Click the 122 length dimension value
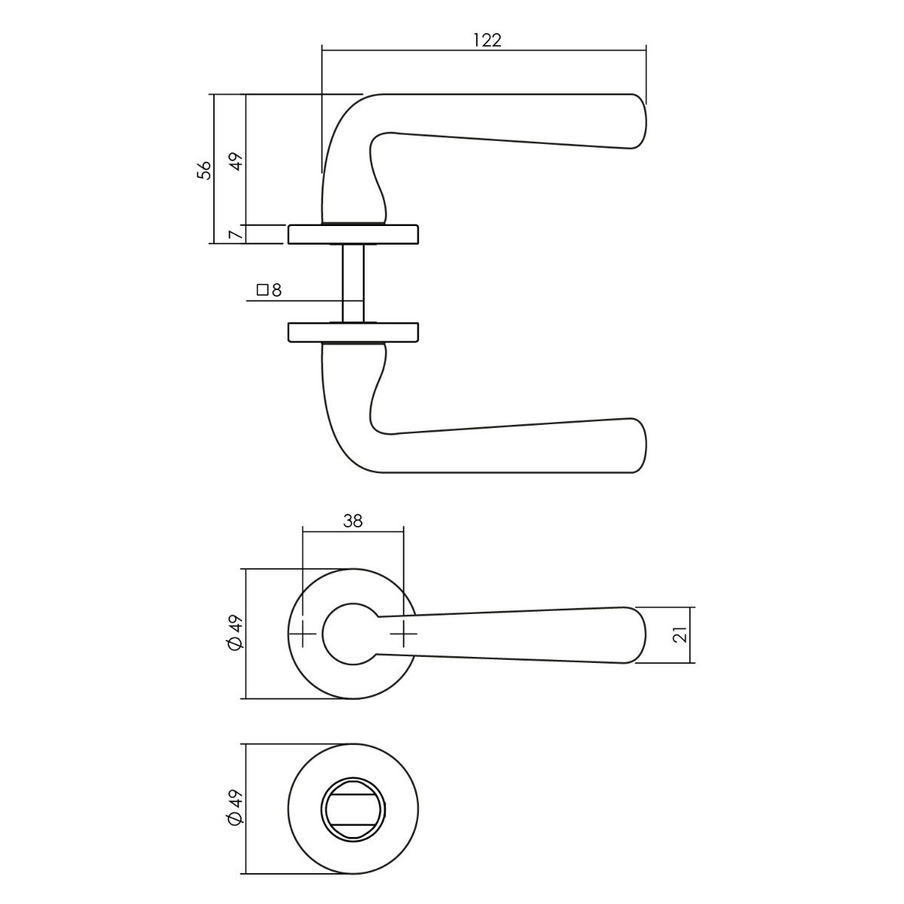(487, 41)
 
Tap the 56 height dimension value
(204, 171)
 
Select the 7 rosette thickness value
(238, 232)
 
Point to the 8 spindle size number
(276, 290)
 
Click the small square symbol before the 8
(263, 290)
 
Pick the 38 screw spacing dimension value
(353, 521)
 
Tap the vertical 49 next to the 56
(237, 162)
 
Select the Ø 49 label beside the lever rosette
(235, 634)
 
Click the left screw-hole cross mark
(303, 634)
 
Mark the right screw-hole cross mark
(404, 634)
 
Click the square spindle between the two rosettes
(353, 283)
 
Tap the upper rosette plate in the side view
(353, 234)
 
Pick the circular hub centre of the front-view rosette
(353, 634)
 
